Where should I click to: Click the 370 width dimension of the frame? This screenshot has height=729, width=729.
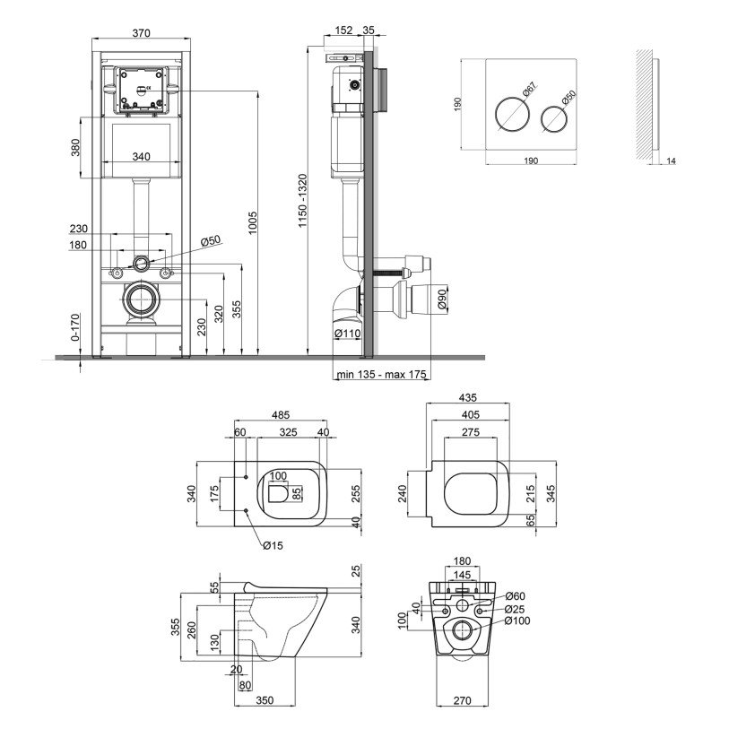pyautogui.click(x=142, y=33)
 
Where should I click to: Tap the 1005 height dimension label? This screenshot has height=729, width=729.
pyautogui.click(x=253, y=222)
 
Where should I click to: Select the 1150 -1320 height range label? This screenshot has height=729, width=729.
pyautogui.click(x=303, y=200)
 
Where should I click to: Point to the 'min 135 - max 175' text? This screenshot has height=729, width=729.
pyautogui.click(x=382, y=374)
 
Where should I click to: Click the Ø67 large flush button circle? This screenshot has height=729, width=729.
pyautogui.click(x=511, y=115)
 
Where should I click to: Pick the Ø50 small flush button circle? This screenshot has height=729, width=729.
pyautogui.click(x=554, y=120)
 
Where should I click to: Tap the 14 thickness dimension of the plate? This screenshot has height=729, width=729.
pyautogui.click(x=671, y=161)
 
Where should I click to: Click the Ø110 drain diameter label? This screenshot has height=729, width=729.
pyautogui.click(x=348, y=333)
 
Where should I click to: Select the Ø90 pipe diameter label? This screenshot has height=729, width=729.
pyautogui.click(x=442, y=299)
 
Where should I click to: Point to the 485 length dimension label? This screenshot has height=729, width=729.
pyautogui.click(x=281, y=414)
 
